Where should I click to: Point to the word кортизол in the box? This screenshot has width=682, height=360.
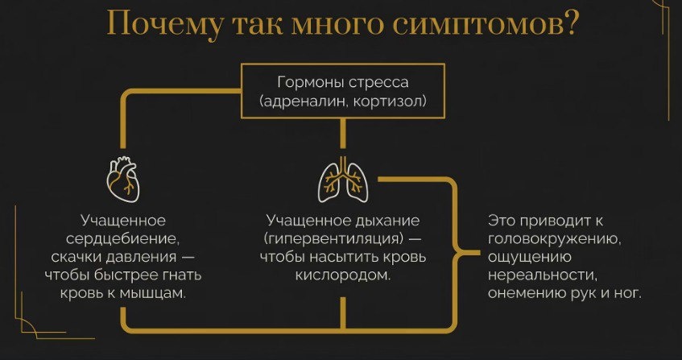[x=384, y=102]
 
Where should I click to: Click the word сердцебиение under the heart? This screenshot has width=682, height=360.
[x=130, y=239]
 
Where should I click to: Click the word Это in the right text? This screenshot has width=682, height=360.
[x=502, y=221]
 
